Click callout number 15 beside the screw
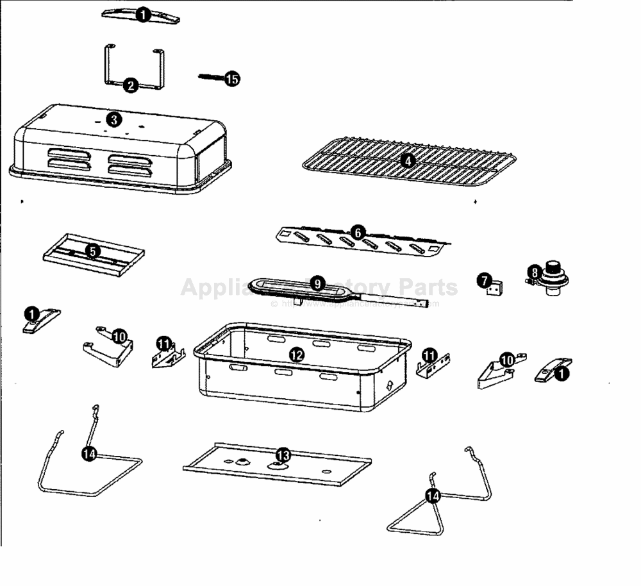tap(232, 79)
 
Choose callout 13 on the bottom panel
tap(282, 455)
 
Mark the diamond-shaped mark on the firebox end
tap(391, 387)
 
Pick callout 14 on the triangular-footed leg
tap(433, 496)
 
